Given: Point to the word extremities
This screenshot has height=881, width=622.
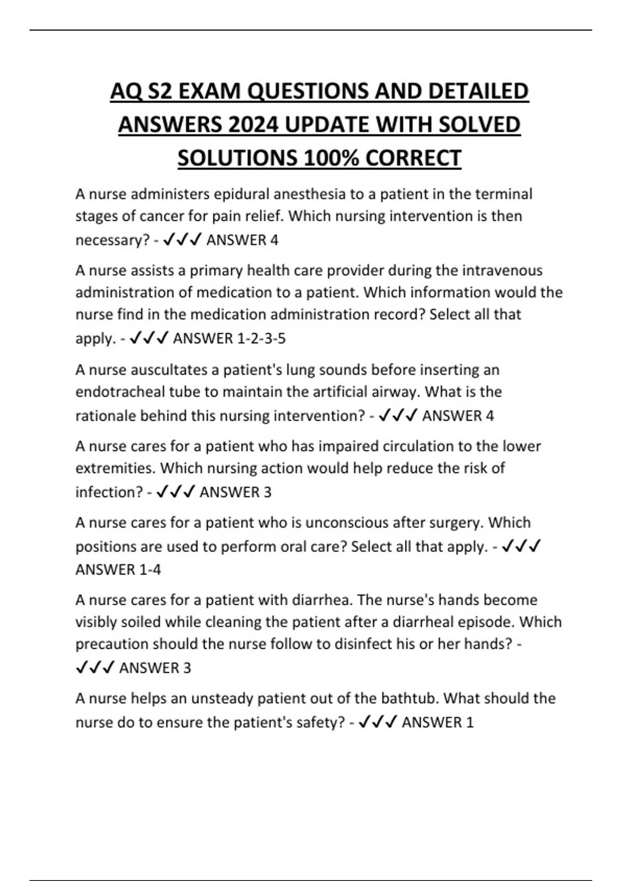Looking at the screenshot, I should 115,468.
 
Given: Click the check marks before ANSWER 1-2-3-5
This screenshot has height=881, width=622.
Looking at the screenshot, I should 149,338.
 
